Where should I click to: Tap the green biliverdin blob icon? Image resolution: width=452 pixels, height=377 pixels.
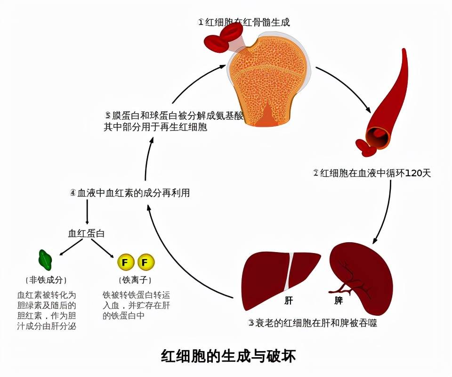coord(45,258)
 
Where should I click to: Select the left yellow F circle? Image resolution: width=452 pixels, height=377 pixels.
coord(125,262)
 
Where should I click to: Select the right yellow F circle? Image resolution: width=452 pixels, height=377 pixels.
coord(145,262)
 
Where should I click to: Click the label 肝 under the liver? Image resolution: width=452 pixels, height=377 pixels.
coord(288,300)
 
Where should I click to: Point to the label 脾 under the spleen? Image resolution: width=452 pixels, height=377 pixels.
coord(339,300)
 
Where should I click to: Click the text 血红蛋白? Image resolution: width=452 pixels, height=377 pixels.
coord(87,233)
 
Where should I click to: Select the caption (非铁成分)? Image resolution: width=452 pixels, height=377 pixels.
coord(46,280)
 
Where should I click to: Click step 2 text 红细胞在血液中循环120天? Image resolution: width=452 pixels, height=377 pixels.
coord(372,173)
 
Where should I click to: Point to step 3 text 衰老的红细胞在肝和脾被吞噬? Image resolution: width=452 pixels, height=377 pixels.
coord(313,323)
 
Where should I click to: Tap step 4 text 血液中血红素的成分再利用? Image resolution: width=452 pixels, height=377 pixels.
coord(129,193)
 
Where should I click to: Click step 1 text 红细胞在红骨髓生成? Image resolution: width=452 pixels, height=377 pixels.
coord(247,22)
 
